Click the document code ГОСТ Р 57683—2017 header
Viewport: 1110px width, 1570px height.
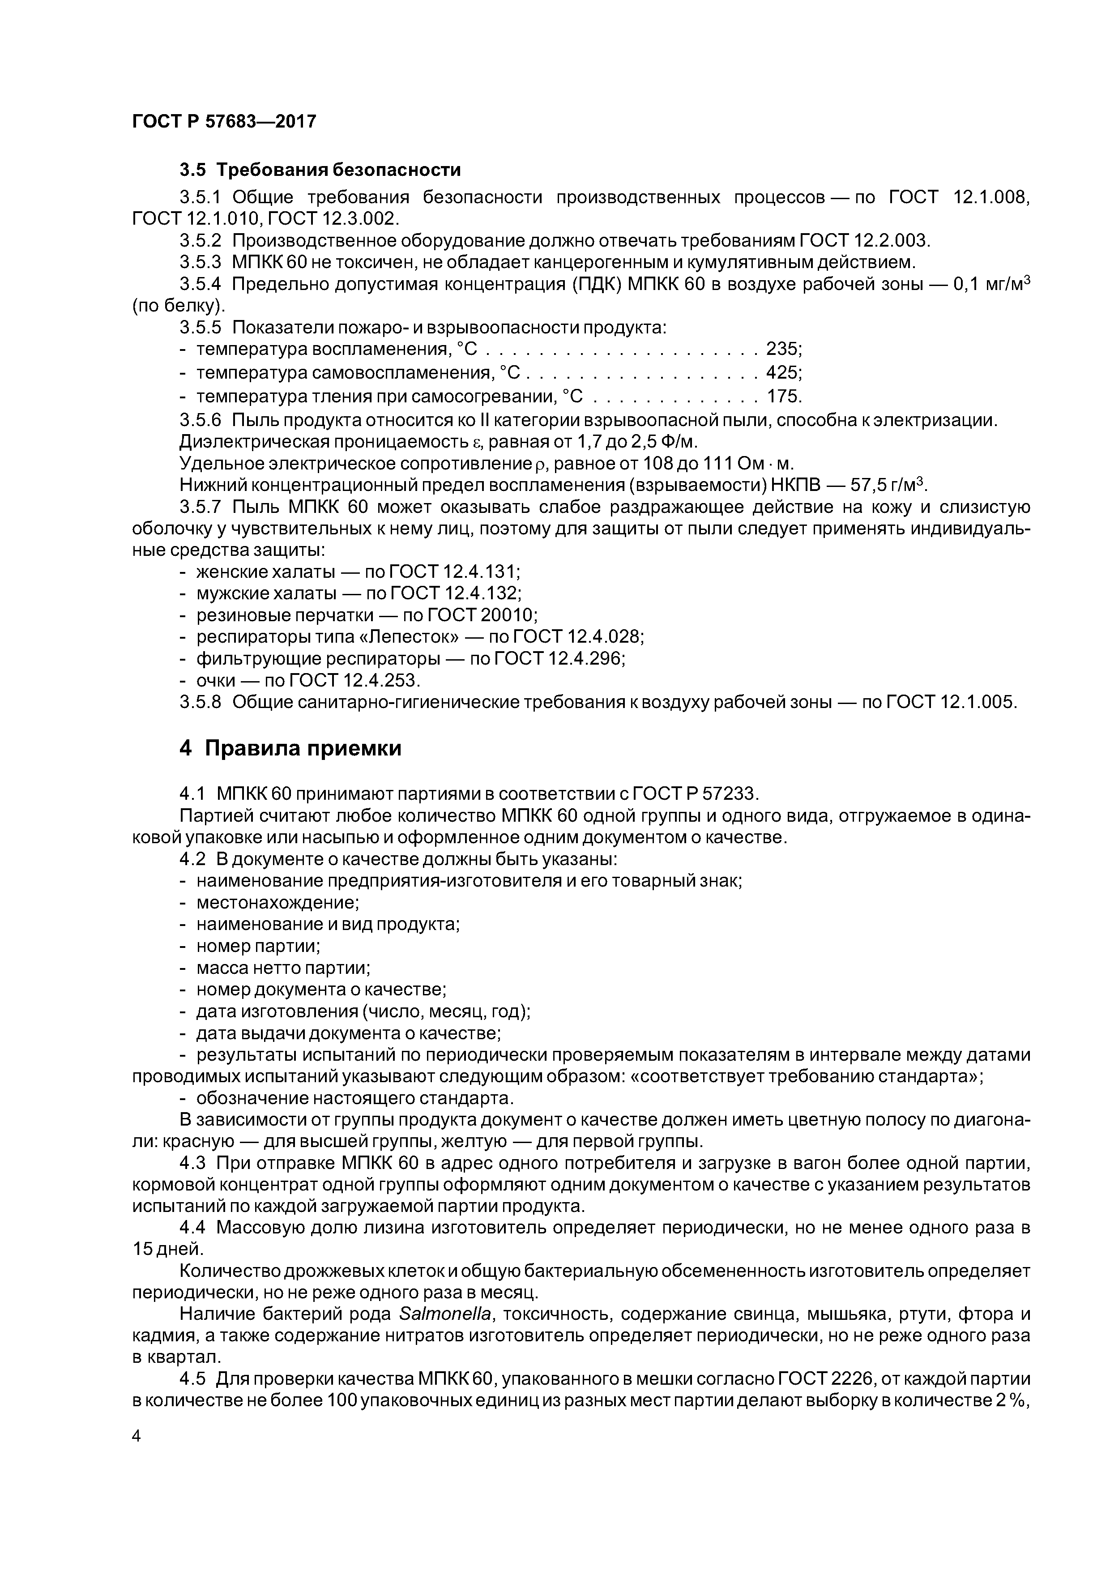point(224,122)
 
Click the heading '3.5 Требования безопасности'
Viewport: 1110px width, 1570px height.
point(320,170)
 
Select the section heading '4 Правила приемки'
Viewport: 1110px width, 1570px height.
point(290,748)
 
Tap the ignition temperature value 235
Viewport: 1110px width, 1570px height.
point(782,350)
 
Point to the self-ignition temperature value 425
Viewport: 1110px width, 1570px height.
point(782,373)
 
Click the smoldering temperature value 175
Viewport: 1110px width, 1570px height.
point(782,397)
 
